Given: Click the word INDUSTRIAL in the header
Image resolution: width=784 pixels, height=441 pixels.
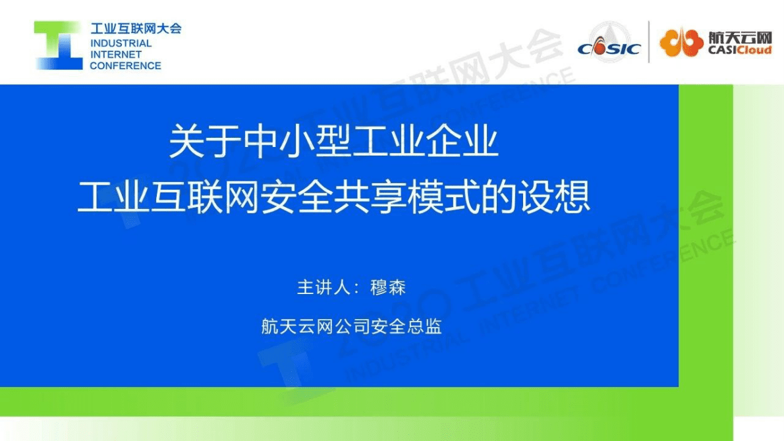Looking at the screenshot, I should (x=121, y=43).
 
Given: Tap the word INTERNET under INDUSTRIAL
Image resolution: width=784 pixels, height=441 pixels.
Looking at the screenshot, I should (x=116, y=54).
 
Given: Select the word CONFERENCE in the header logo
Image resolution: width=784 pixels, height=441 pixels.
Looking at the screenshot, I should (x=125, y=65).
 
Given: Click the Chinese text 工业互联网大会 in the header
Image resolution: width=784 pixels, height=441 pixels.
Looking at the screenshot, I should (x=135, y=28).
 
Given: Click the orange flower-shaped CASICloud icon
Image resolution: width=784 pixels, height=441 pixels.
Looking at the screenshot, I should (x=681, y=43).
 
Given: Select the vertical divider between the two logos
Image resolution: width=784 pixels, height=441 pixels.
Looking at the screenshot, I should (x=649, y=42).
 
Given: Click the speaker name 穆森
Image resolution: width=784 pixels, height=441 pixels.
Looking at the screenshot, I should (x=388, y=288).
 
